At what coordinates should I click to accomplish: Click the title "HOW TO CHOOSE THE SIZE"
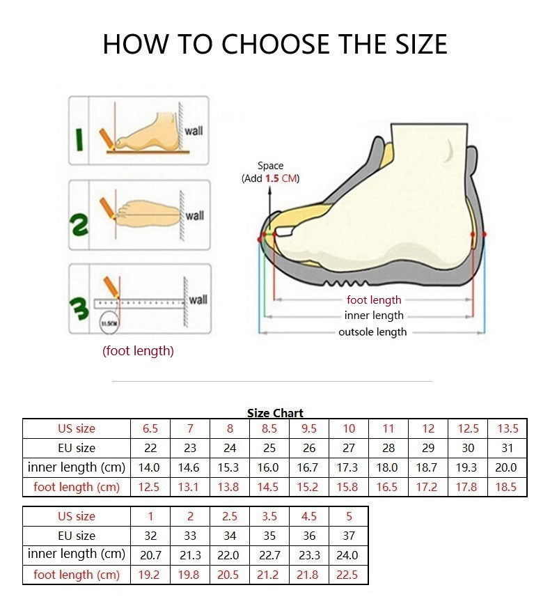coord(274,44)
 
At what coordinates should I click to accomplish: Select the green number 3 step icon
coord(79,309)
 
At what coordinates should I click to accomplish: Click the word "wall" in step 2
coord(195,216)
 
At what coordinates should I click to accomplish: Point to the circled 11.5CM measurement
coord(109,323)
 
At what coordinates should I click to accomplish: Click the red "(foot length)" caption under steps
coord(138,351)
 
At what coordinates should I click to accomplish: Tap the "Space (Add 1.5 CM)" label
coord(270,172)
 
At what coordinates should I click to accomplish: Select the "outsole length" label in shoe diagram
coord(372,332)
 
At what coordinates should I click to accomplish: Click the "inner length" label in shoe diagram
coord(374,316)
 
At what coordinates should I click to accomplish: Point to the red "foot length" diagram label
coord(374,300)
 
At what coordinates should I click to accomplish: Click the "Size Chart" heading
coord(275,413)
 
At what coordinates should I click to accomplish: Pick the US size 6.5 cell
coord(150,428)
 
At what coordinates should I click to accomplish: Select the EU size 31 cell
coord(507,448)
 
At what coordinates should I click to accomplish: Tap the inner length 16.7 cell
coord(309,467)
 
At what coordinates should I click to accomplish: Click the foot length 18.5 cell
coord(507,487)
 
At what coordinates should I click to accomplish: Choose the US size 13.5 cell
coord(507,428)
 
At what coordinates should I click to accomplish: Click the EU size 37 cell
coord(349,536)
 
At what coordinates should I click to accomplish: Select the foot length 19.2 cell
coord(150,575)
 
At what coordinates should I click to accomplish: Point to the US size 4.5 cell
coord(309,516)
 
